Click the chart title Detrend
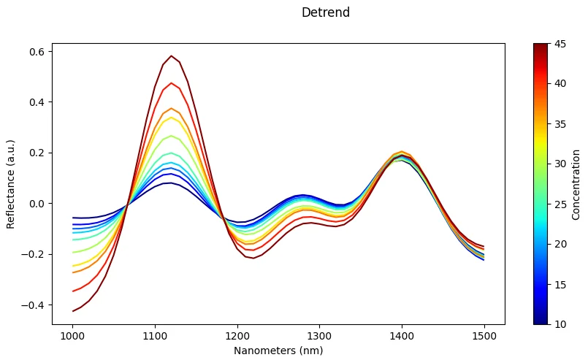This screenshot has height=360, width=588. coord(325,12)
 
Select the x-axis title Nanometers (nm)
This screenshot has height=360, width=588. coord(278,351)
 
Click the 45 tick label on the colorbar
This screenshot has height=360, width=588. coord(559,43)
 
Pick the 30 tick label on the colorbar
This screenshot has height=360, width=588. coord(559,164)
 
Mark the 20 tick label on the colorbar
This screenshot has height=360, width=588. coord(559,244)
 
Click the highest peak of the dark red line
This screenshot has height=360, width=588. coord(172,56)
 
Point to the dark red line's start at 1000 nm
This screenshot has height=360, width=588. coord(73,311)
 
